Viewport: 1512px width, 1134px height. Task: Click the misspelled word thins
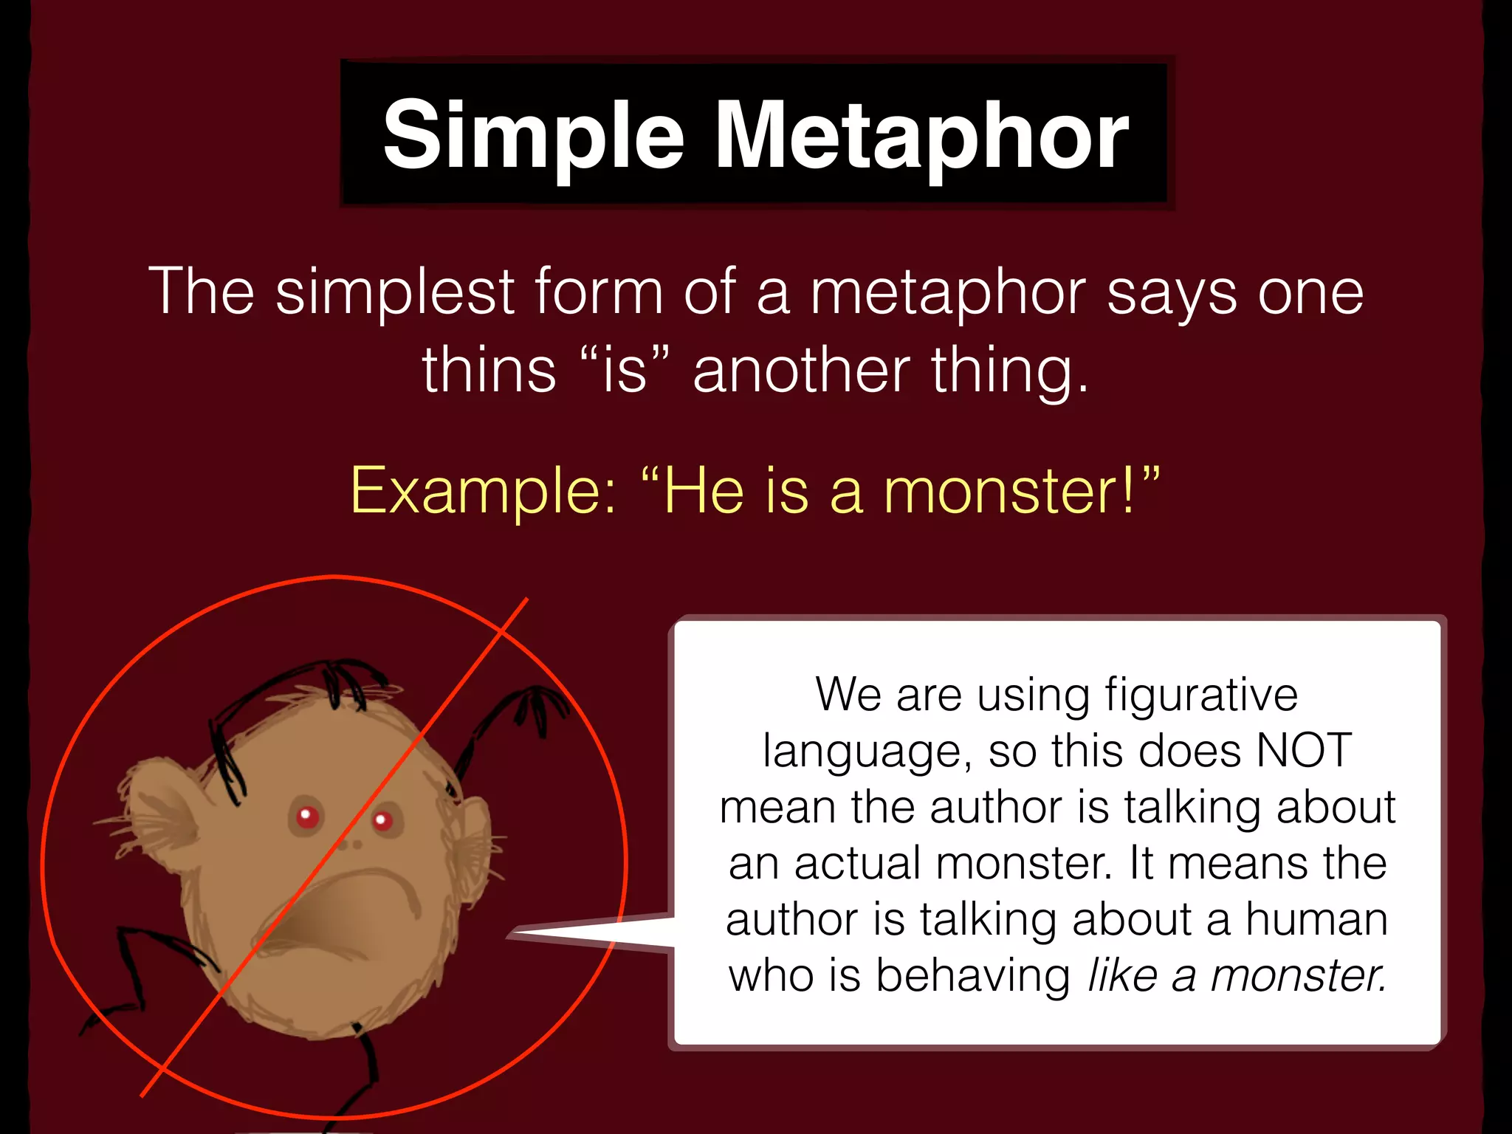pos(489,369)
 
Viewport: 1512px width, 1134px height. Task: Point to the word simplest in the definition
pos(395,292)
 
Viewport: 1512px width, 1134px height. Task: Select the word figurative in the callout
pos(1201,695)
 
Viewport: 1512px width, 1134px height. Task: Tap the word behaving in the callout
pos(973,975)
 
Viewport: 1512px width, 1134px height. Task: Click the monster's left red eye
pos(307,817)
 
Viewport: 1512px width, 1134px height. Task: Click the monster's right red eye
pos(382,819)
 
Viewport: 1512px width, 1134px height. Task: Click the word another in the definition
pos(801,369)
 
